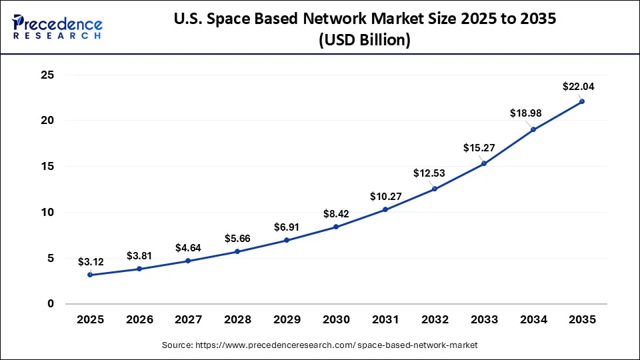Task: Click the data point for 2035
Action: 582,101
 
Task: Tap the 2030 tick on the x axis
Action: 336,320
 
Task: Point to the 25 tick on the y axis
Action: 47,75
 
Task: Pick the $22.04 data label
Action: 578,86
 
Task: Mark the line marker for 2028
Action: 237,251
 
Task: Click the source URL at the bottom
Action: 320,345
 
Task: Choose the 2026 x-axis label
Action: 139,320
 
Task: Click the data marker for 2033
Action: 483,163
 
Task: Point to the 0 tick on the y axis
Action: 51,304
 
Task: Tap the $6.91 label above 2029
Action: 287,227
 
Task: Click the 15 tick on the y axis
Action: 47,167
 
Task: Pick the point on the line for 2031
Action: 385,209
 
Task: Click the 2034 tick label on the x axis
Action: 533,320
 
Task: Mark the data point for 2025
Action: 90,275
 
